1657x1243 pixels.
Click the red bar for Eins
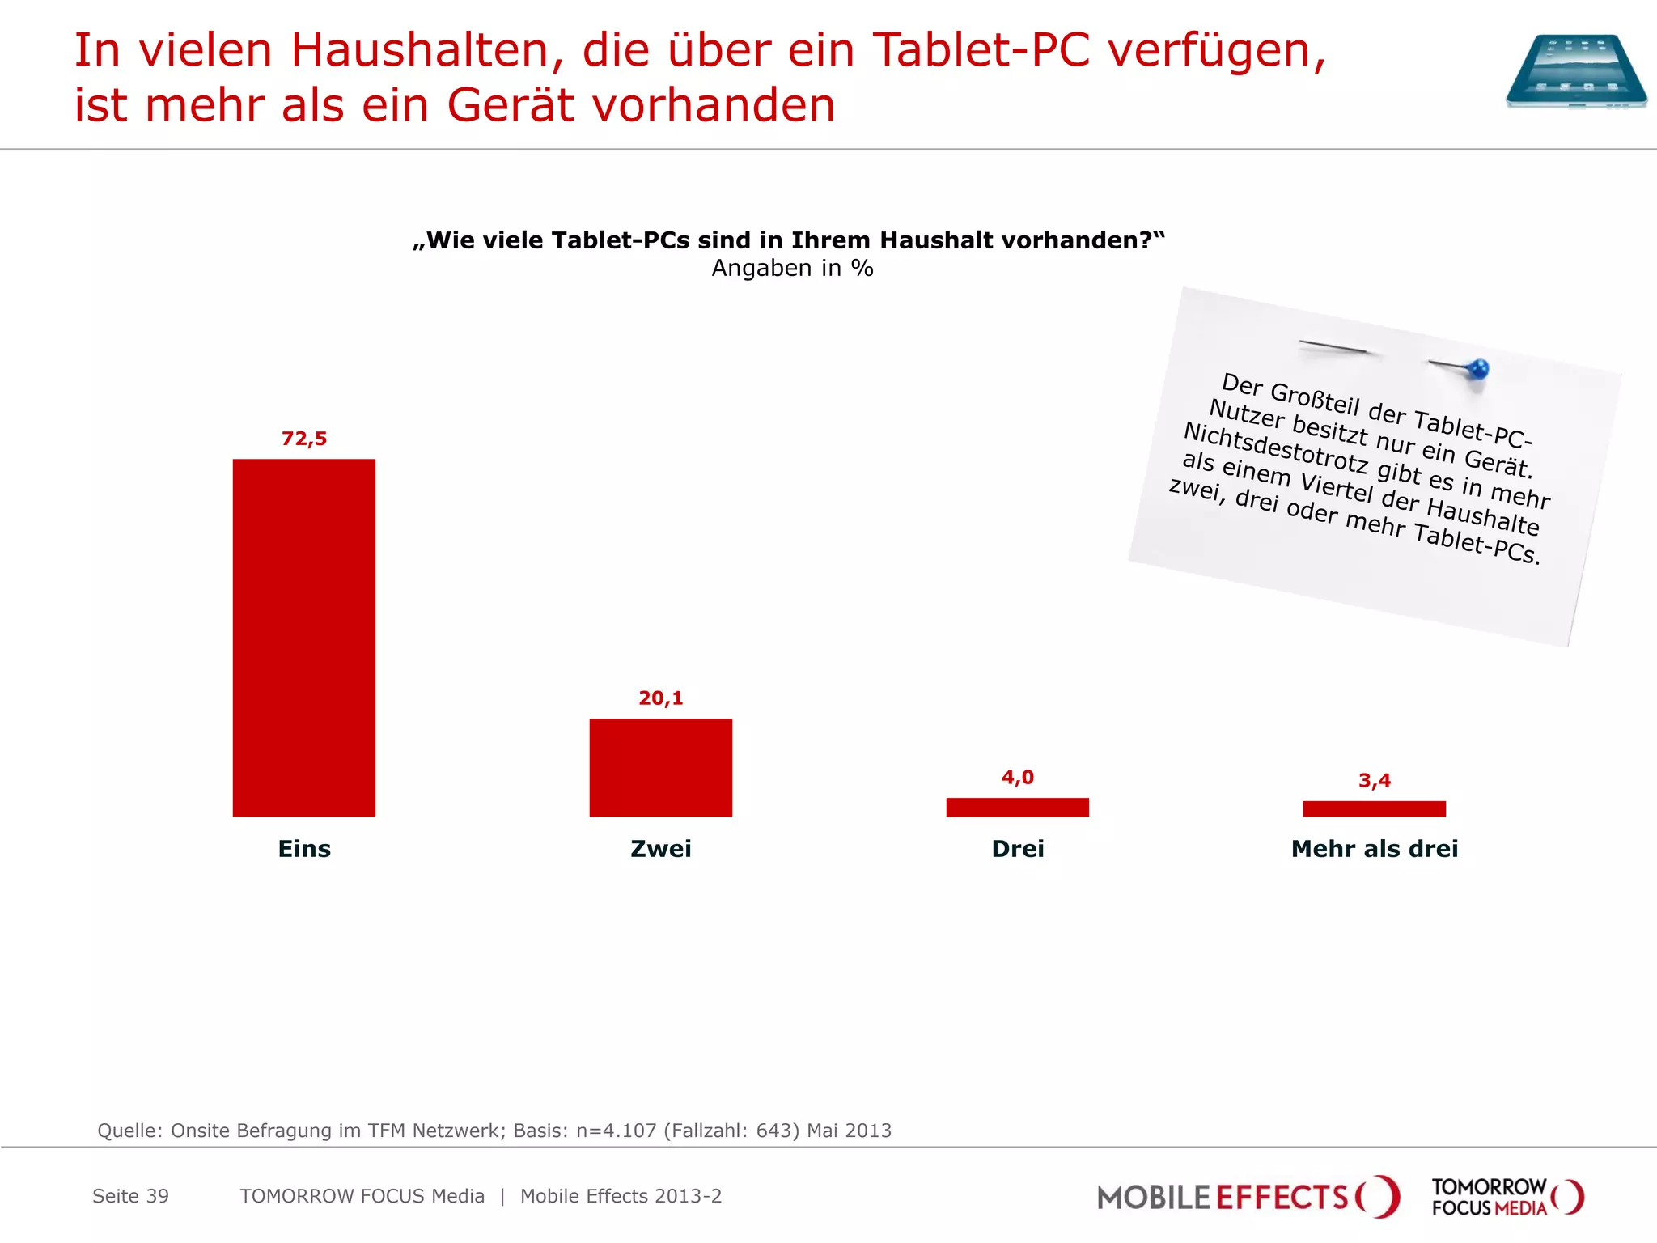[303, 638]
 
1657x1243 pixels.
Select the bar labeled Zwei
[660, 767]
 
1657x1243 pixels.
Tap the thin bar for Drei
[1017, 807]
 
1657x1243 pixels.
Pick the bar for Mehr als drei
[1374, 808]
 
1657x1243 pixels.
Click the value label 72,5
[303, 439]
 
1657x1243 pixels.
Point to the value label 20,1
[660, 698]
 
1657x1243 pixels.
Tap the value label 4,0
[1017, 778]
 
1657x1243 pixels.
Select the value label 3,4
[1374, 781]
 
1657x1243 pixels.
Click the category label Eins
[303, 849]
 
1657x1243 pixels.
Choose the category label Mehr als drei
[1374, 849]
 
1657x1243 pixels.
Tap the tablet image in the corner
[1575, 71]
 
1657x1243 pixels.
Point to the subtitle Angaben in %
[792, 269]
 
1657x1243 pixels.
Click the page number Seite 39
[130, 1196]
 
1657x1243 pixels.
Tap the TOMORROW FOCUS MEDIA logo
[1507, 1197]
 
